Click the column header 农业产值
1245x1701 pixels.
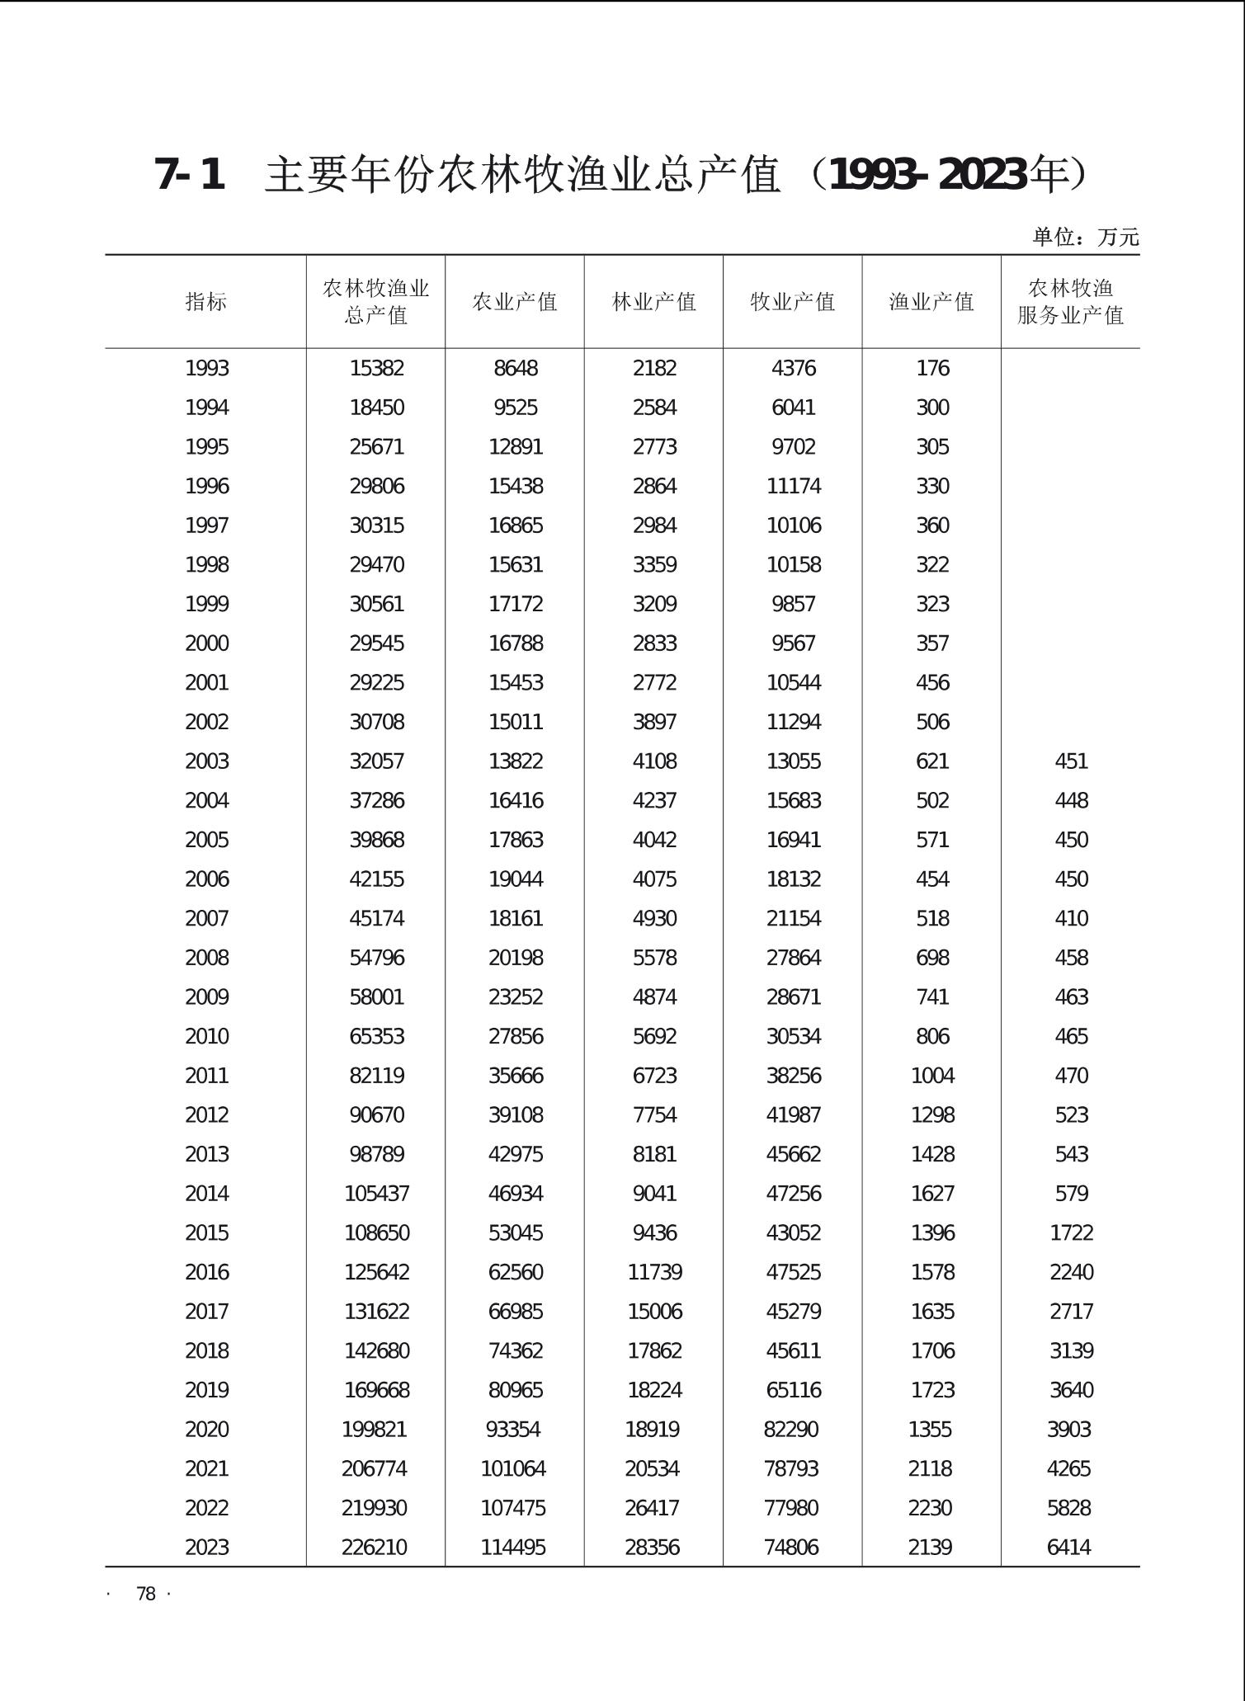click(515, 302)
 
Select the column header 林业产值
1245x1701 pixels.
click(653, 302)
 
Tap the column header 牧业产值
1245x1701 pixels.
click(793, 302)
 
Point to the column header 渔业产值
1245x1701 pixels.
click(931, 302)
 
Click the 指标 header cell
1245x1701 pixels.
click(205, 302)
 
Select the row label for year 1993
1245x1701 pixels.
click(206, 368)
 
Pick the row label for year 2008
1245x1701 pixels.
click(206, 958)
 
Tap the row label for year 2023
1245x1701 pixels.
click(206, 1548)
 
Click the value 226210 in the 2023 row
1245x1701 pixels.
click(375, 1548)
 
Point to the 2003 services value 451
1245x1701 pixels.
click(1071, 761)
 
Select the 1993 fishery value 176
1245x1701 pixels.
click(932, 368)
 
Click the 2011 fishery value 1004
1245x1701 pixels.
click(932, 1076)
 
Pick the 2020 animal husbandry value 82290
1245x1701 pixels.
click(791, 1430)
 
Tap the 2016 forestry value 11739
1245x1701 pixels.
click(654, 1272)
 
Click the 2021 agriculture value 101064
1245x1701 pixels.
click(513, 1468)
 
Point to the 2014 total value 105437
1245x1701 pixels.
click(376, 1194)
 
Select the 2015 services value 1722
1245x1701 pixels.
click(1071, 1232)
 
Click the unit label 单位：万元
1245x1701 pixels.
click(1085, 238)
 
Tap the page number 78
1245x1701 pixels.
click(146, 1594)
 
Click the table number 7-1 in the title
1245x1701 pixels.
click(190, 175)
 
